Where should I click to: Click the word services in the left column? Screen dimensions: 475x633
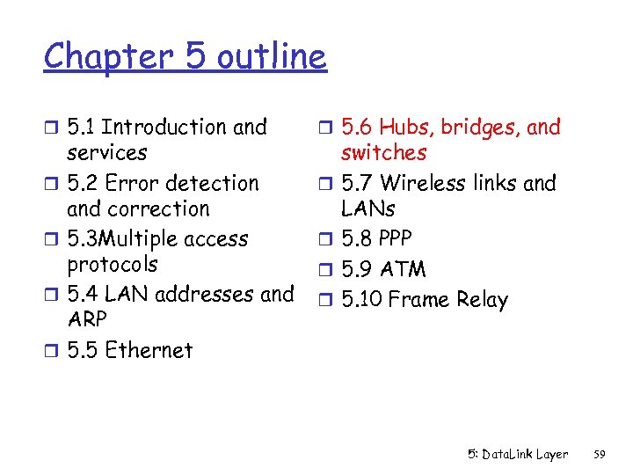(107, 153)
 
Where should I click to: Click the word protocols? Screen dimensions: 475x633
(113, 265)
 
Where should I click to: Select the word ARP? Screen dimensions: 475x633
(87, 319)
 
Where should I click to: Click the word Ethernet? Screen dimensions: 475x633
(149, 350)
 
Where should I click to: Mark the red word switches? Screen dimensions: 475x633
(383, 153)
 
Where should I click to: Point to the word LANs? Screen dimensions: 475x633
(367, 209)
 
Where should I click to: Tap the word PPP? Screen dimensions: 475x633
(396, 239)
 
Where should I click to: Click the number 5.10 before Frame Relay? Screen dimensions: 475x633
(360, 300)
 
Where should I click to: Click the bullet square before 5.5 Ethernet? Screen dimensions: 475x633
(50, 351)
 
